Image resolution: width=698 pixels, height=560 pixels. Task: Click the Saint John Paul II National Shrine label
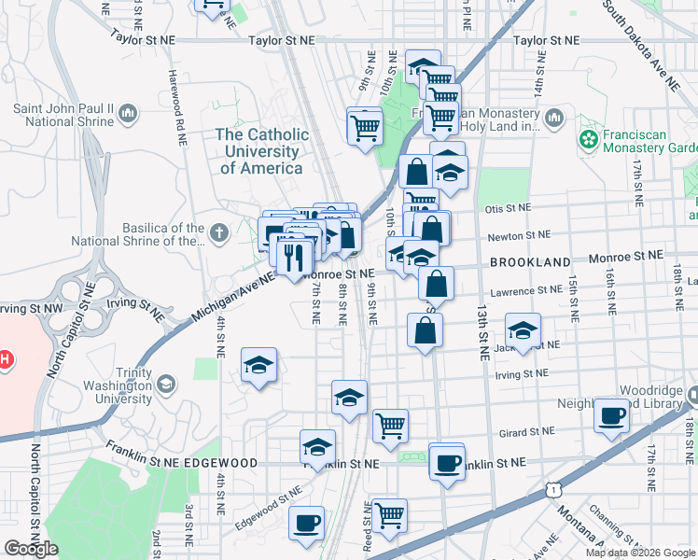click(x=63, y=115)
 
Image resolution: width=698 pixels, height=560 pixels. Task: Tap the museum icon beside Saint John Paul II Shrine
click(x=128, y=115)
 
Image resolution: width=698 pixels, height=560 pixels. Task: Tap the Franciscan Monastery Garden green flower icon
click(x=588, y=140)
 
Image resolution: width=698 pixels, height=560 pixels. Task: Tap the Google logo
click(x=31, y=549)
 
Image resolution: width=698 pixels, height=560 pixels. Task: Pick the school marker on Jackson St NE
click(x=523, y=330)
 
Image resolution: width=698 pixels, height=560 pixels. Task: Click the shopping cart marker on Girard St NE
click(x=390, y=425)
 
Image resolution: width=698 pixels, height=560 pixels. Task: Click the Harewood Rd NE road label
click(x=174, y=108)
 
